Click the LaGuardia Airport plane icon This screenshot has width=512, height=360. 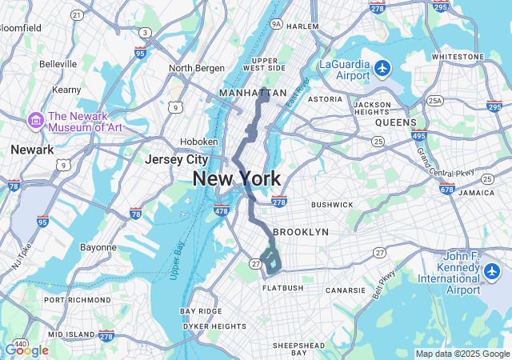click(x=382, y=67)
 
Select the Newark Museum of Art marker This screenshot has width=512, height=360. click(x=35, y=120)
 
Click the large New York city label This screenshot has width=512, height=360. click(x=237, y=178)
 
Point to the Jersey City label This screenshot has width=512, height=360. click(x=176, y=159)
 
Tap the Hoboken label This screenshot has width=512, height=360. click(x=199, y=142)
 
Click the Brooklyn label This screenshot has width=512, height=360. click(x=301, y=232)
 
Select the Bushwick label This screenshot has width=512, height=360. click(x=332, y=205)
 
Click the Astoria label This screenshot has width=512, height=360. click(x=325, y=99)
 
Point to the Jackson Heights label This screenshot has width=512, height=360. click(x=373, y=109)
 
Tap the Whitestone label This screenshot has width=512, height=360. click(x=453, y=57)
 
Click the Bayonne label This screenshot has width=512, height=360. click(x=98, y=247)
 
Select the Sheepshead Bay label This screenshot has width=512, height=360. click(x=298, y=349)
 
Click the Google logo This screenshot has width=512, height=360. click(x=26, y=350)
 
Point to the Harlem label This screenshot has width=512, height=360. click(x=302, y=26)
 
